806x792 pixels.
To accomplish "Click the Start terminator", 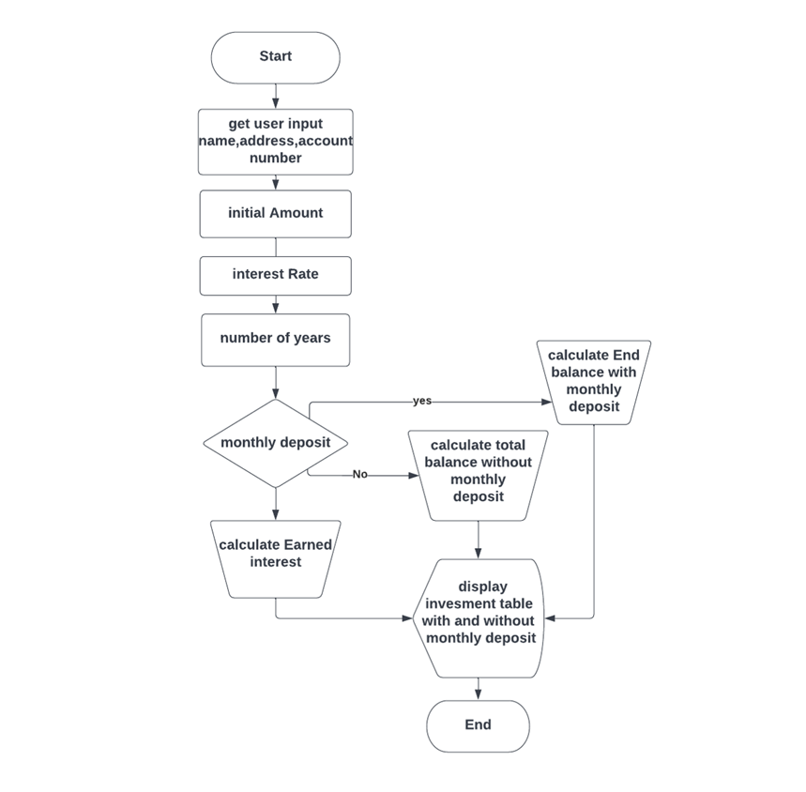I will (275, 57).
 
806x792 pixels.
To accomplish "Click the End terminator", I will (478, 725).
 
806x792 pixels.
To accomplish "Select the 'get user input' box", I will (275, 142).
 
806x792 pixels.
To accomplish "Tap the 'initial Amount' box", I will (275, 214).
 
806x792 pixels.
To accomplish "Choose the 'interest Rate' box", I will (275, 275).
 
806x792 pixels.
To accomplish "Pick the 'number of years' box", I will (275, 339).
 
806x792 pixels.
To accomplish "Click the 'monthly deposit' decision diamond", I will (275, 443).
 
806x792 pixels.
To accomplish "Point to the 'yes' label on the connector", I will (422, 401).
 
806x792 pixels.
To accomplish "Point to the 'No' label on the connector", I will (360, 475).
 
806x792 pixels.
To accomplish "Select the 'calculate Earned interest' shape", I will (275, 558).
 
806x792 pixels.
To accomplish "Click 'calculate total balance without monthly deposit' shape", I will (478, 475).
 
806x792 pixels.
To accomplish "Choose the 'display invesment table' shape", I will (478, 617).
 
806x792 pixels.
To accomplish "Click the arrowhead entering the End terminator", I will (478, 694).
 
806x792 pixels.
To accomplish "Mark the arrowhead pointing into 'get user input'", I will (276, 103).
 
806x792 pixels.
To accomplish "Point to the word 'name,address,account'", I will (275, 141).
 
